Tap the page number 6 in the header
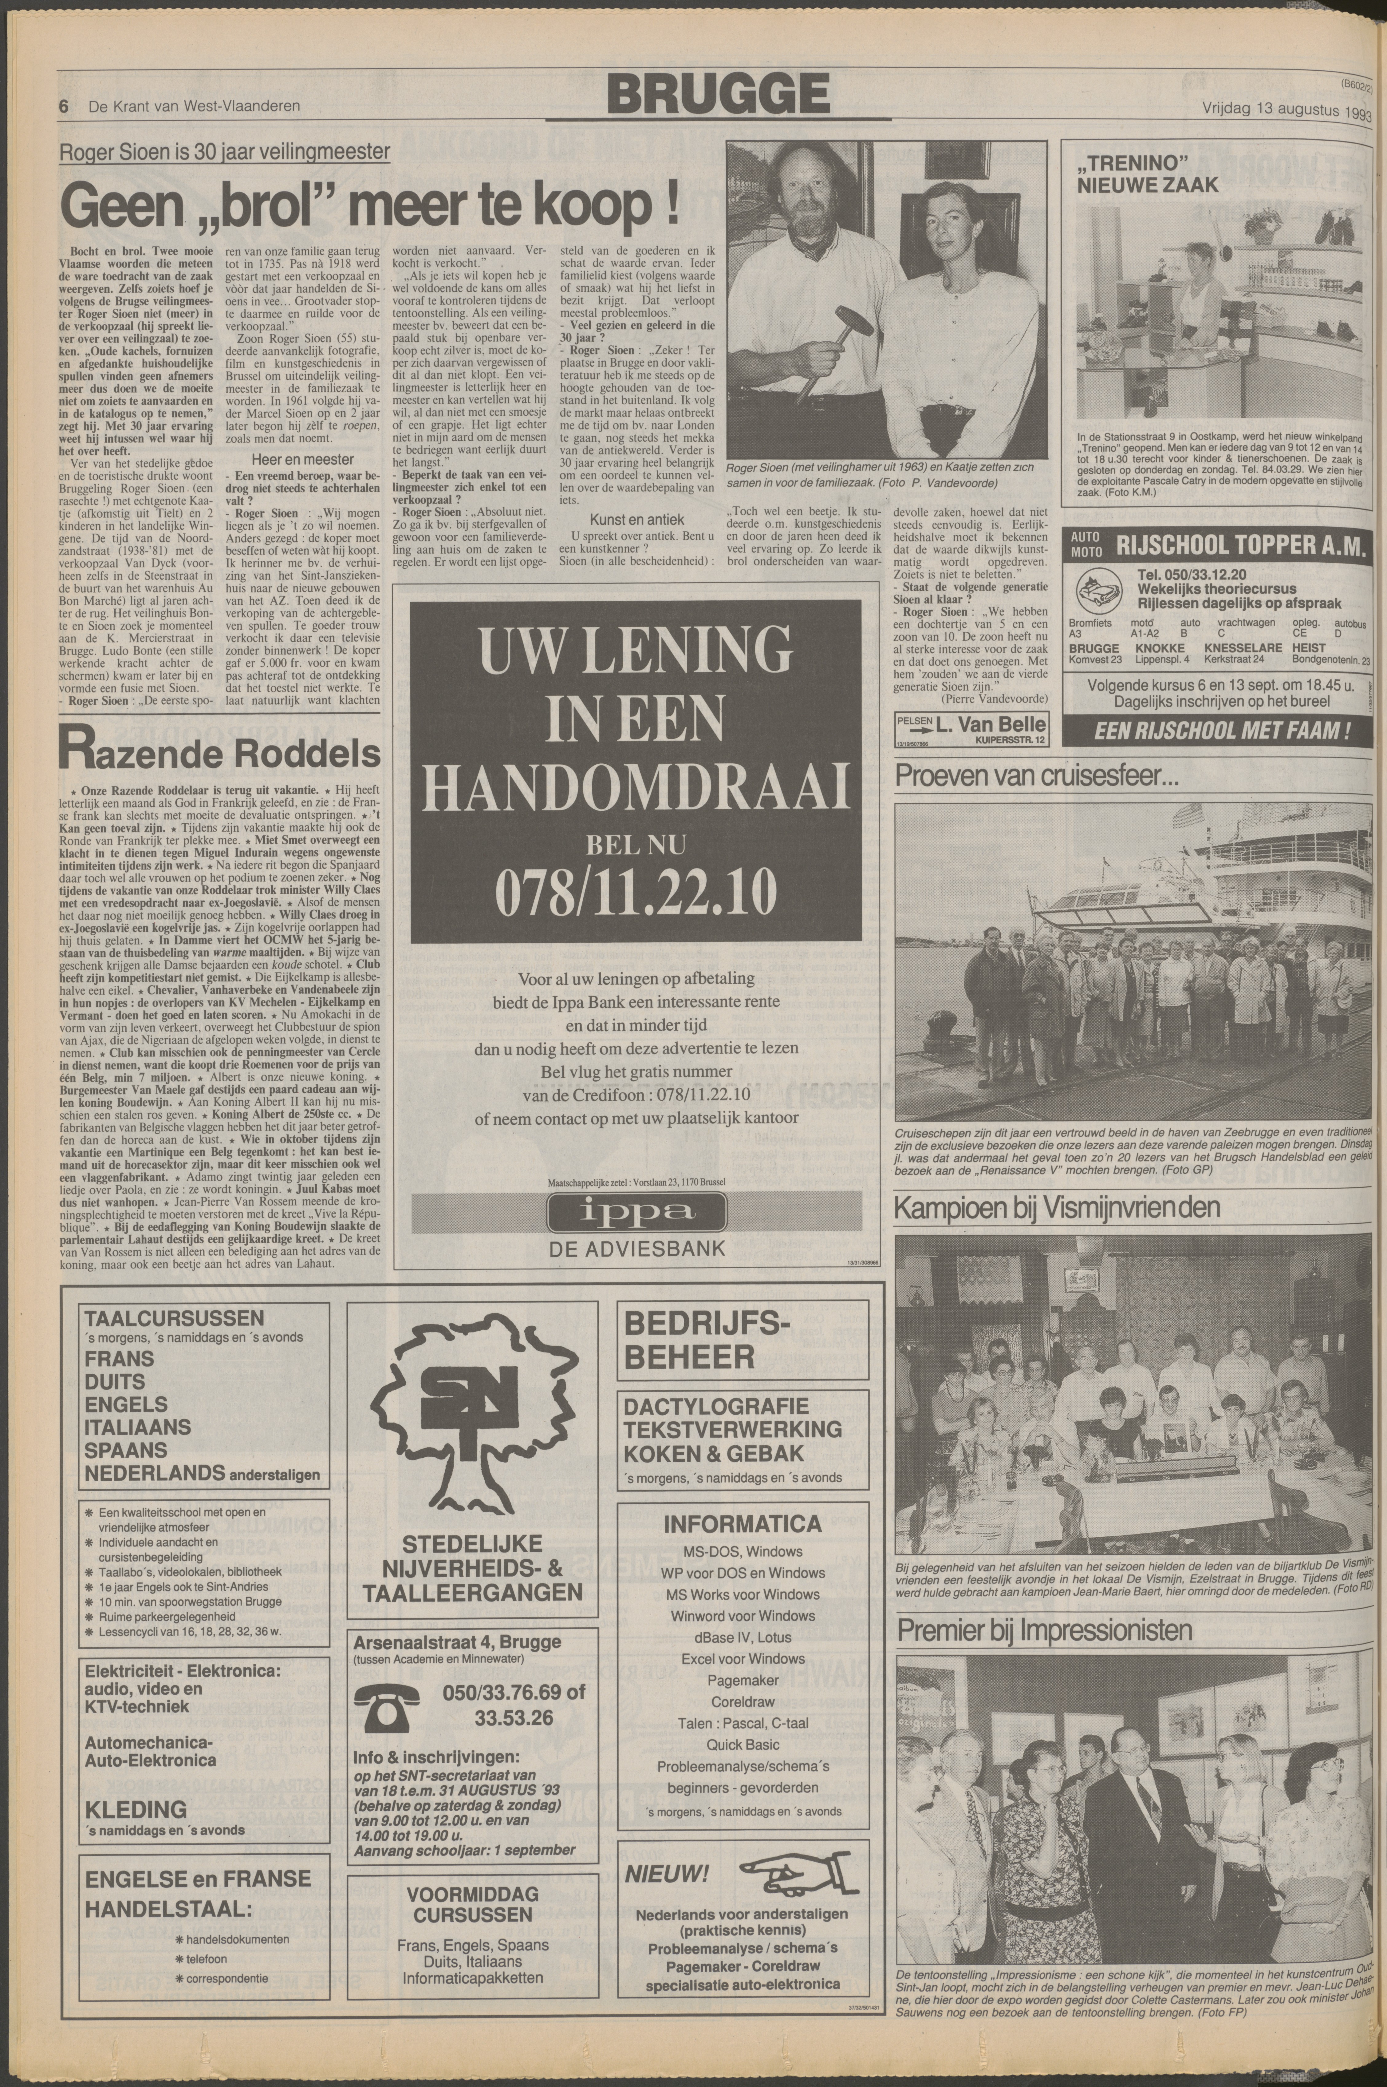click(x=64, y=106)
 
